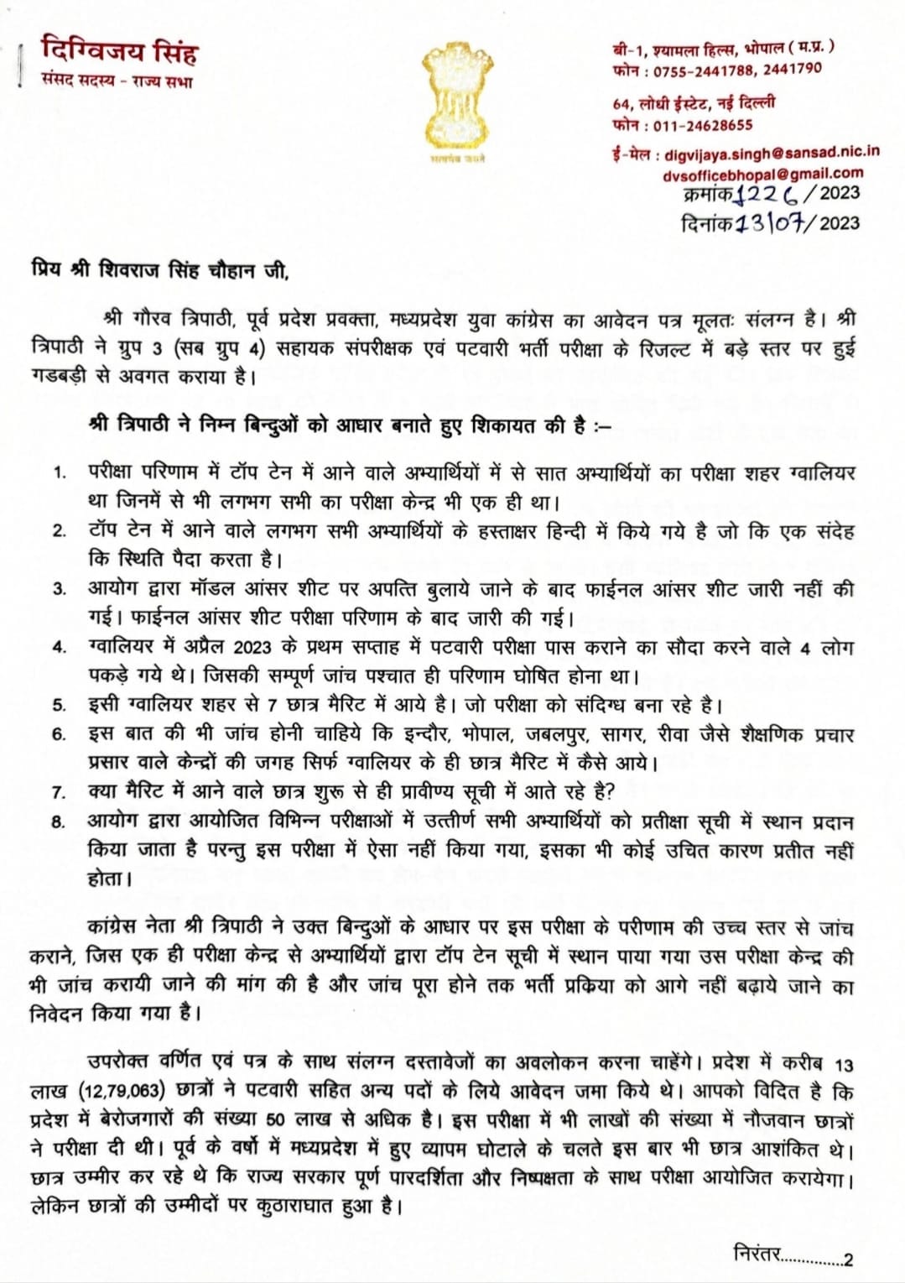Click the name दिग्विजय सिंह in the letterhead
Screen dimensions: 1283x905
119,53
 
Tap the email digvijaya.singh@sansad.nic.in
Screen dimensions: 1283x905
772,154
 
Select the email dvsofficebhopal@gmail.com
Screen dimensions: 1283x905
762,173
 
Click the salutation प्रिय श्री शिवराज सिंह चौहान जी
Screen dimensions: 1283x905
159,272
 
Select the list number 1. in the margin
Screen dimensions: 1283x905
60,472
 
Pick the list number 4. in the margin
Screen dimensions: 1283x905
59,647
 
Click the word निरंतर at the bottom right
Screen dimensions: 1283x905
757,1254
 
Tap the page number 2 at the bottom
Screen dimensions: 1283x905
849,1260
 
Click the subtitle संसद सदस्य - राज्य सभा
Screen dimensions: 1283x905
117,82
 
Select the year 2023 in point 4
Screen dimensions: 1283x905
252,647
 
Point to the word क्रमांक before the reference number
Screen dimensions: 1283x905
708,194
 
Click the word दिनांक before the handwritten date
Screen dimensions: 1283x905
708,223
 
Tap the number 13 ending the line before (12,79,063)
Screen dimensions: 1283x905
844,1065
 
